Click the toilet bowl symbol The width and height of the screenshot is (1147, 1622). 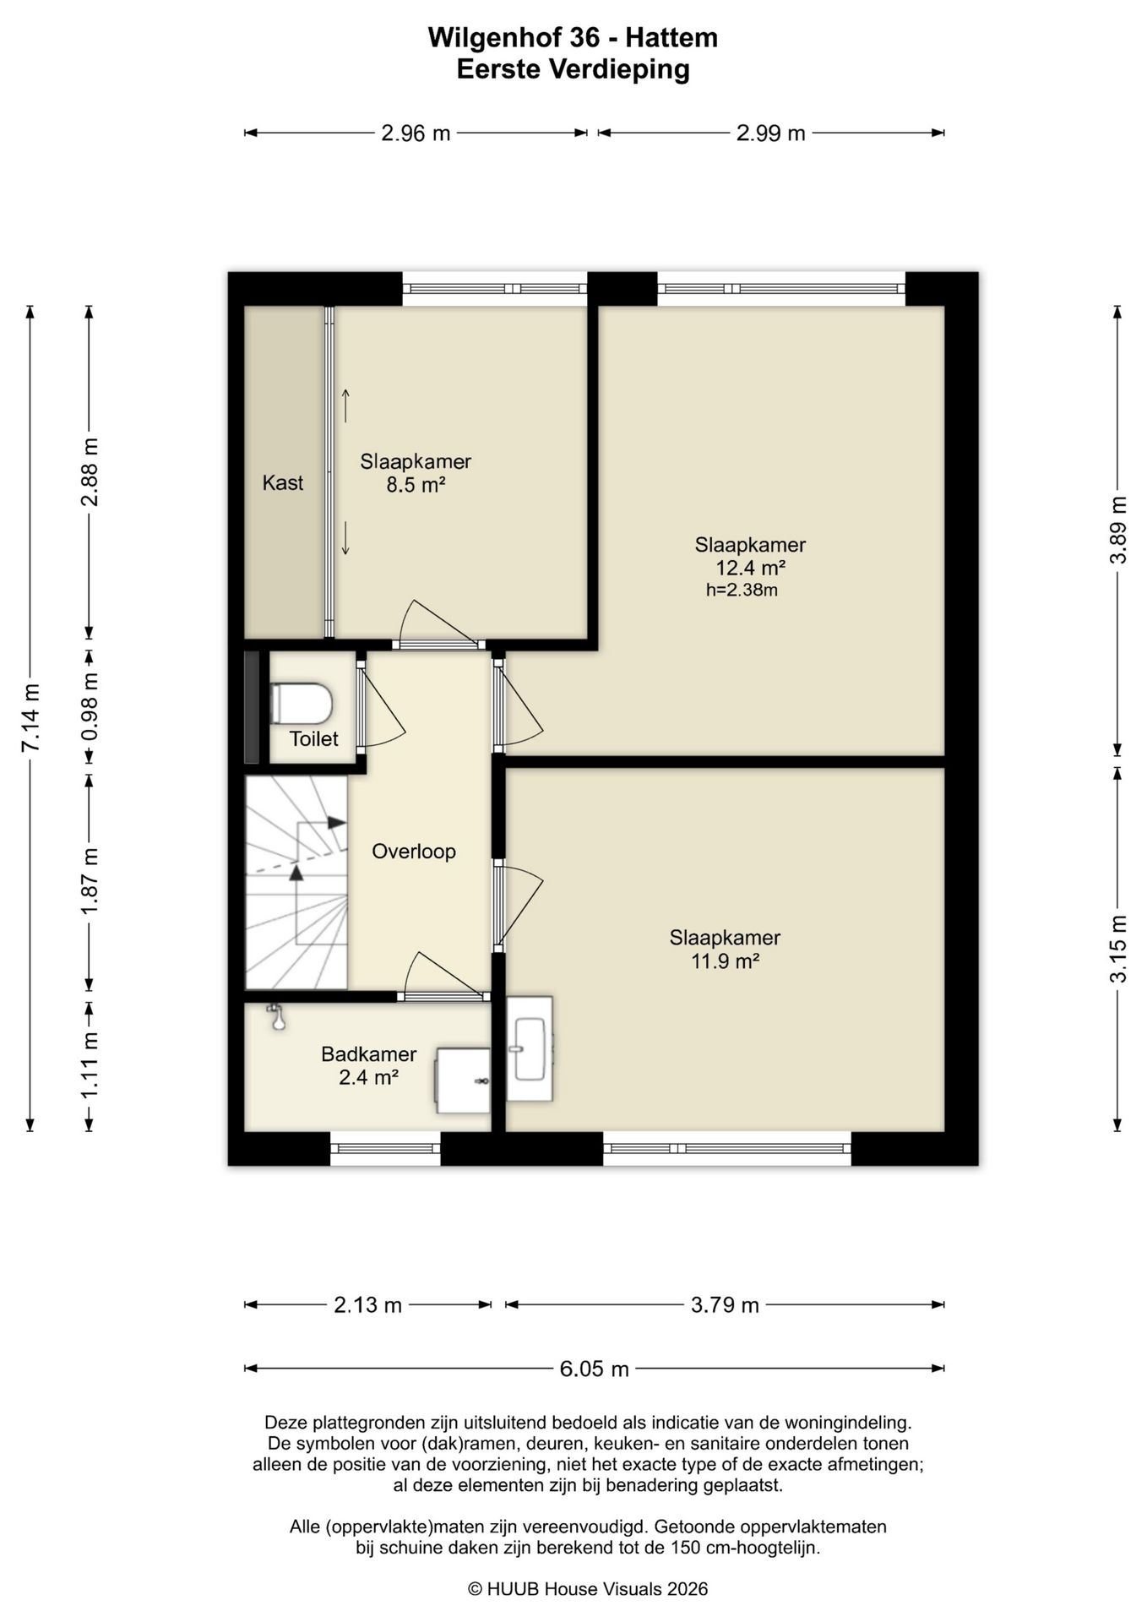pos(301,703)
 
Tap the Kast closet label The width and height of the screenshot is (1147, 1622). pos(283,482)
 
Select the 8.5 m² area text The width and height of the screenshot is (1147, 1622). pos(416,485)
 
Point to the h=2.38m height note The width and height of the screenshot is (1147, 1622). pos(742,590)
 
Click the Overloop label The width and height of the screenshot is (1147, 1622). pos(414,851)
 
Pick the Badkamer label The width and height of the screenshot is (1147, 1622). pos(369,1053)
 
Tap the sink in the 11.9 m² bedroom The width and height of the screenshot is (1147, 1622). pos(530,1048)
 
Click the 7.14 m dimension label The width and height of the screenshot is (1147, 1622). pos(30,717)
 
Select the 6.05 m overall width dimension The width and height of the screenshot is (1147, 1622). pos(595,1369)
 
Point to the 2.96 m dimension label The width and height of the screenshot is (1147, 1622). pos(416,133)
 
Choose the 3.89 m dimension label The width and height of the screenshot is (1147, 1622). pos(1118,530)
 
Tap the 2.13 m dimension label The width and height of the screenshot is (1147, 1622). pos(367,1305)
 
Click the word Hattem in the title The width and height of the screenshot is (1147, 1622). pos(671,38)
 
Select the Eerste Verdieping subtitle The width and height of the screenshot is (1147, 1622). pos(573,69)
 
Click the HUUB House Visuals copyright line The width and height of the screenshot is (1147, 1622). pos(588,1589)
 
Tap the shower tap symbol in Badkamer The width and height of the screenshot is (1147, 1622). pos(275,1016)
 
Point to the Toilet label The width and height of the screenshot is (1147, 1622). pos(313,738)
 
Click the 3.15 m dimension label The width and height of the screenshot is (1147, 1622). pos(1118,949)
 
